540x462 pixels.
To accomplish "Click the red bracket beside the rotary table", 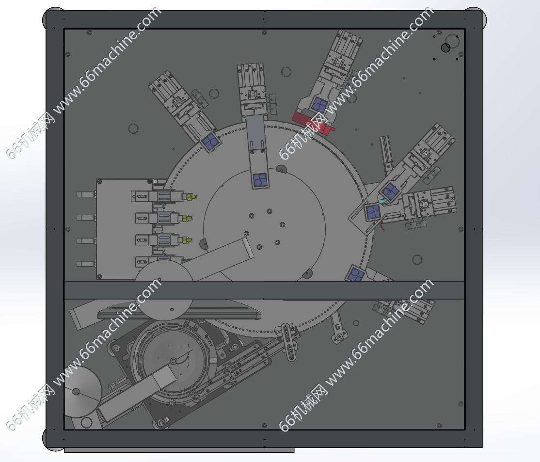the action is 312,122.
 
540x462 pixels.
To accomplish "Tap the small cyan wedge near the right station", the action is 381,201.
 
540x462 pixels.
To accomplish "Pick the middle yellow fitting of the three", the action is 187,218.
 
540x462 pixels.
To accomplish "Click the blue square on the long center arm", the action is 260,180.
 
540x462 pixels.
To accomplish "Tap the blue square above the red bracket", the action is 320,104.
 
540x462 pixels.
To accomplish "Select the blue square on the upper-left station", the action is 210,142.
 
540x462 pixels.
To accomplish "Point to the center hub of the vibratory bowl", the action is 174,361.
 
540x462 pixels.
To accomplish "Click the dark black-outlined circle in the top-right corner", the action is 445,48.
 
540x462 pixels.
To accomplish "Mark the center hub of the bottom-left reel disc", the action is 76,392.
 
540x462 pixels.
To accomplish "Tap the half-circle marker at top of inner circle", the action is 281,169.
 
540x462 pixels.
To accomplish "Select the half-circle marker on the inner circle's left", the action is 204,243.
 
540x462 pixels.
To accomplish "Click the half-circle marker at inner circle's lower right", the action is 307,273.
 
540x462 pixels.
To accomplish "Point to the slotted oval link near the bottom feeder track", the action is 288,342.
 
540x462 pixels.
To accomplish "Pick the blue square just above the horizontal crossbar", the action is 355,274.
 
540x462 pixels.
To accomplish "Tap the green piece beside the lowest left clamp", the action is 185,261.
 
